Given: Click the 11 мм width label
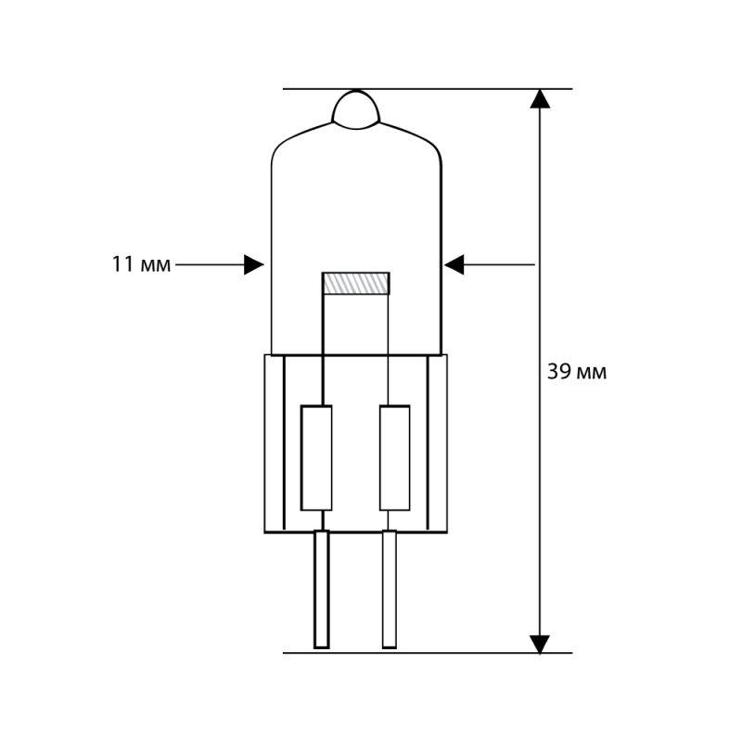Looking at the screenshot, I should coord(141,265).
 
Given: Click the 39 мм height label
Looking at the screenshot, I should coord(576,373).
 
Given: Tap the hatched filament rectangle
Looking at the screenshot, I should coord(355,284).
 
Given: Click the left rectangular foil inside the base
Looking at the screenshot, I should coord(316,457).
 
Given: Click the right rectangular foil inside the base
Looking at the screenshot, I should coord(394,457).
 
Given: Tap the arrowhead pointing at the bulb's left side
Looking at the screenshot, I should coord(253,265).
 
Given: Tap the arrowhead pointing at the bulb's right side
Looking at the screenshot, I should coord(454,265).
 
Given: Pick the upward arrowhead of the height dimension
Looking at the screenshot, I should coord(540,98).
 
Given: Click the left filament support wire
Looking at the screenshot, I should coord(323,348).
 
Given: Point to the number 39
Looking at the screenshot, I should coord(558,373).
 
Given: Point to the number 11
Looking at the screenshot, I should coord(122,265).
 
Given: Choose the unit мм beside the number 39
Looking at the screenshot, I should coord(592,373).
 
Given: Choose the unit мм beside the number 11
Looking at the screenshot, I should coord(156,266).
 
